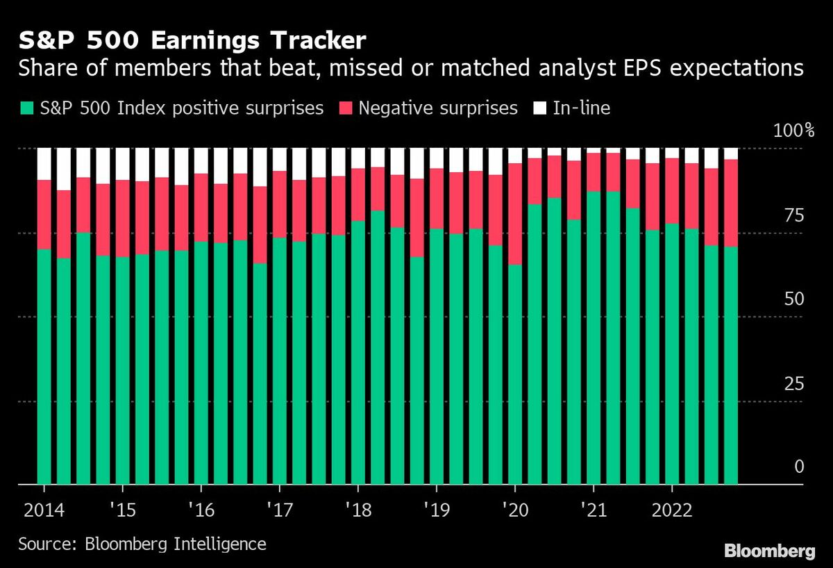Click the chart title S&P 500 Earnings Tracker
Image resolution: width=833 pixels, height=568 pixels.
tap(192, 41)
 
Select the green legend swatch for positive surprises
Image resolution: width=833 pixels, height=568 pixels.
tap(26, 108)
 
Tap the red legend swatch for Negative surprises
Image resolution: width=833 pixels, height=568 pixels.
tap(348, 108)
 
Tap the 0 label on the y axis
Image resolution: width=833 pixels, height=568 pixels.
tap(799, 467)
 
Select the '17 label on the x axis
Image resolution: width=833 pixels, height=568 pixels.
tap(278, 510)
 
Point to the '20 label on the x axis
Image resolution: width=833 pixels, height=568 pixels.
tap(514, 510)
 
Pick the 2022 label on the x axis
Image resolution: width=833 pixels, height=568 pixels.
tap(671, 510)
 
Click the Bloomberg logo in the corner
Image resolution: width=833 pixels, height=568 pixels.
tap(771, 551)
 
